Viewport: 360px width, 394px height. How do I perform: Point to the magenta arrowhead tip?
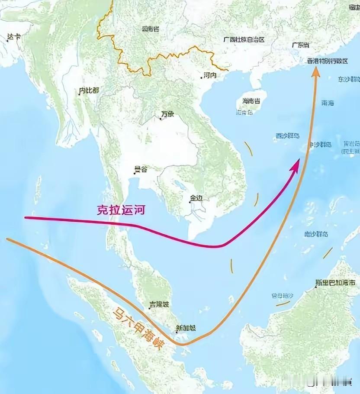tap(298, 160)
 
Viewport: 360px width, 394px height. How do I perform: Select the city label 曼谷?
tap(141, 169)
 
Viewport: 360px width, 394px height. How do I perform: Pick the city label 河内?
tap(210, 75)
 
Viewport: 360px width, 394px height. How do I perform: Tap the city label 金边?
tap(196, 198)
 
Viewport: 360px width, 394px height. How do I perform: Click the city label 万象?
tap(167, 114)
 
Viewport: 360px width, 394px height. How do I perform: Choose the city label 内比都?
tap(89, 90)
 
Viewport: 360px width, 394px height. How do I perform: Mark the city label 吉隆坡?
tap(157, 305)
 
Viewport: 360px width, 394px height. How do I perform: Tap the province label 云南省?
tap(150, 29)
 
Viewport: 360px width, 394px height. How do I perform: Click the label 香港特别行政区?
tap(327, 61)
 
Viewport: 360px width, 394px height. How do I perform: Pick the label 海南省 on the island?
tap(251, 101)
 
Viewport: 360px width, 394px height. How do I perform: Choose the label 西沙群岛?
tap(288, 136)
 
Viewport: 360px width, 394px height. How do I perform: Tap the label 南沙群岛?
tap(315, 234)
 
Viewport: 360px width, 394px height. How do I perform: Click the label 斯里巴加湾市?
tap(335, 283)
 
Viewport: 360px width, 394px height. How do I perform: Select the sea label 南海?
tap(328, 103)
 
